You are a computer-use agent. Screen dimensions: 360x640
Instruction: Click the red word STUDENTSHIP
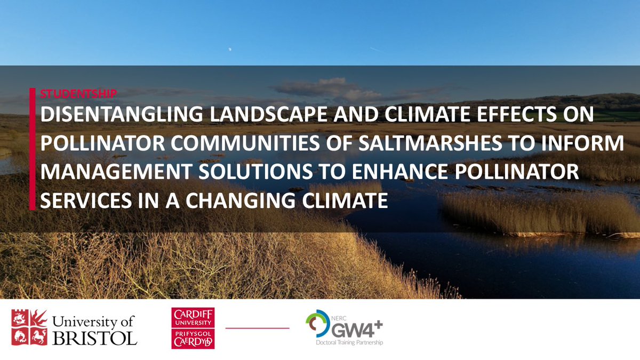pyautogui.click(x=78, y=93)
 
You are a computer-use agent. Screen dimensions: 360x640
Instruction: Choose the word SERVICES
pyautogui.click(x=77, y=201)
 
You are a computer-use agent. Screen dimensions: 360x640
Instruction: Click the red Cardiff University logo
pyautogui.click(x=193, y=328)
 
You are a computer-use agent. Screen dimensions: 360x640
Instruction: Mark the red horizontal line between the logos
pyautogui.click(x=258, y=328)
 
